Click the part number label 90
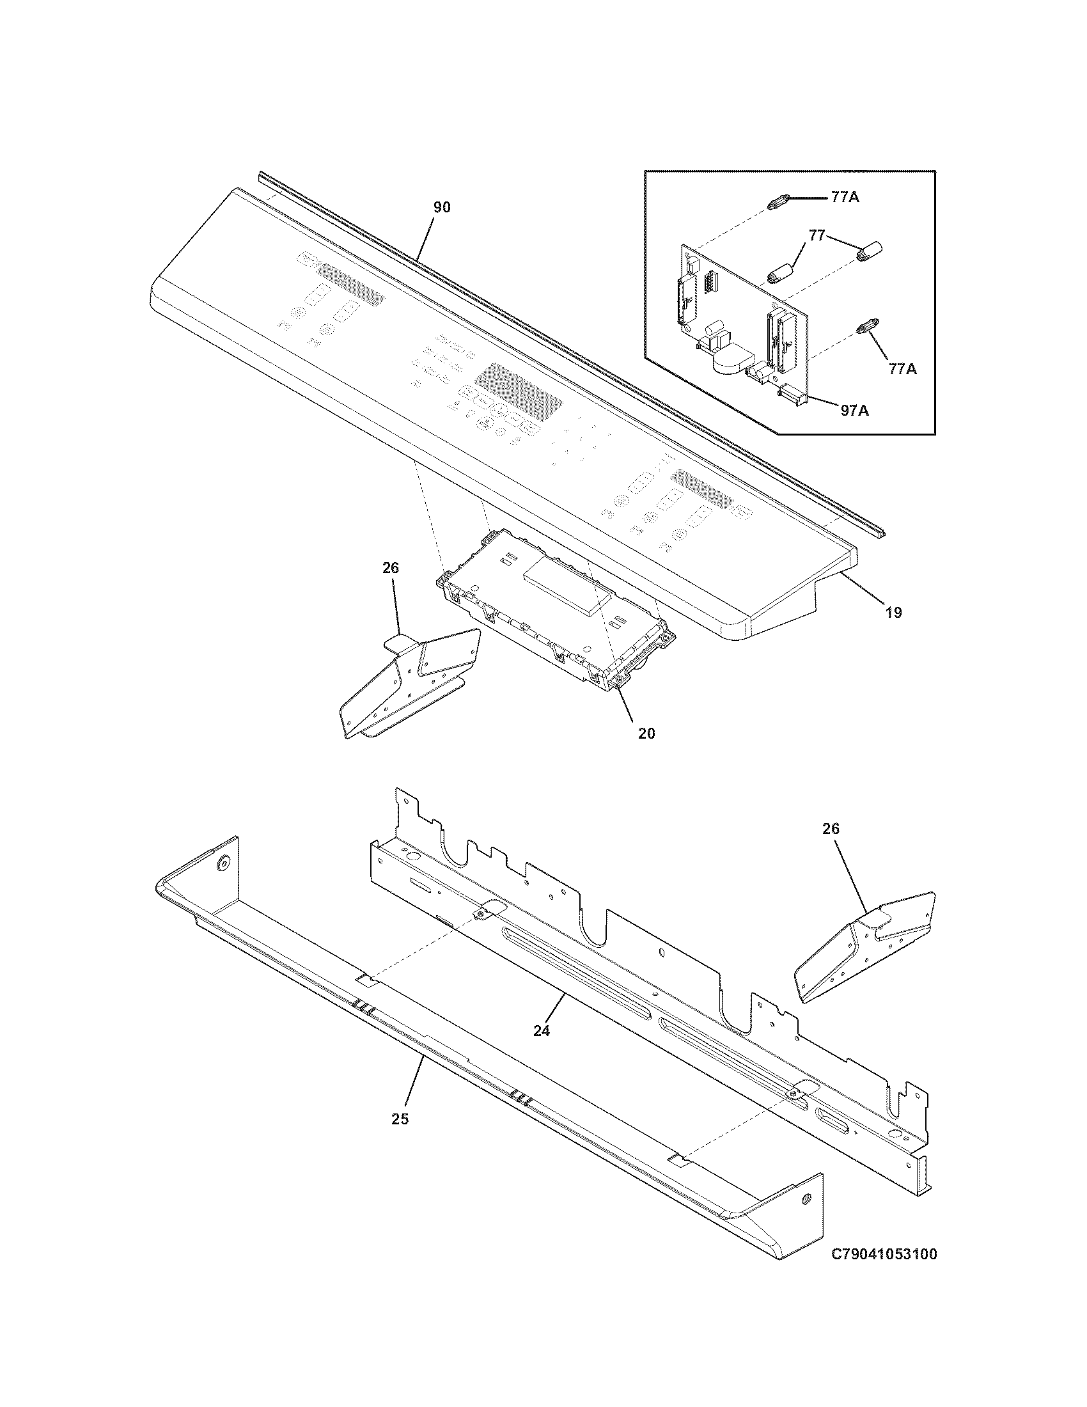(x=442, y=207)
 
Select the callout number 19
(x=893, y=612)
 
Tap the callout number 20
(x=646, y=733)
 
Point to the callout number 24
(x=542, y=1031)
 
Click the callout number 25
(x=400, y=1119)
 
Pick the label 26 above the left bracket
(x=390, y=567)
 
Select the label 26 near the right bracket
(x=831, y=828)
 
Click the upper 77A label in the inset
(x=845, y=198)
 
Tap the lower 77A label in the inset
(x=902, y=368)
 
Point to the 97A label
(x=854, y=410)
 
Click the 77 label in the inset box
(x=817, y=236)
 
